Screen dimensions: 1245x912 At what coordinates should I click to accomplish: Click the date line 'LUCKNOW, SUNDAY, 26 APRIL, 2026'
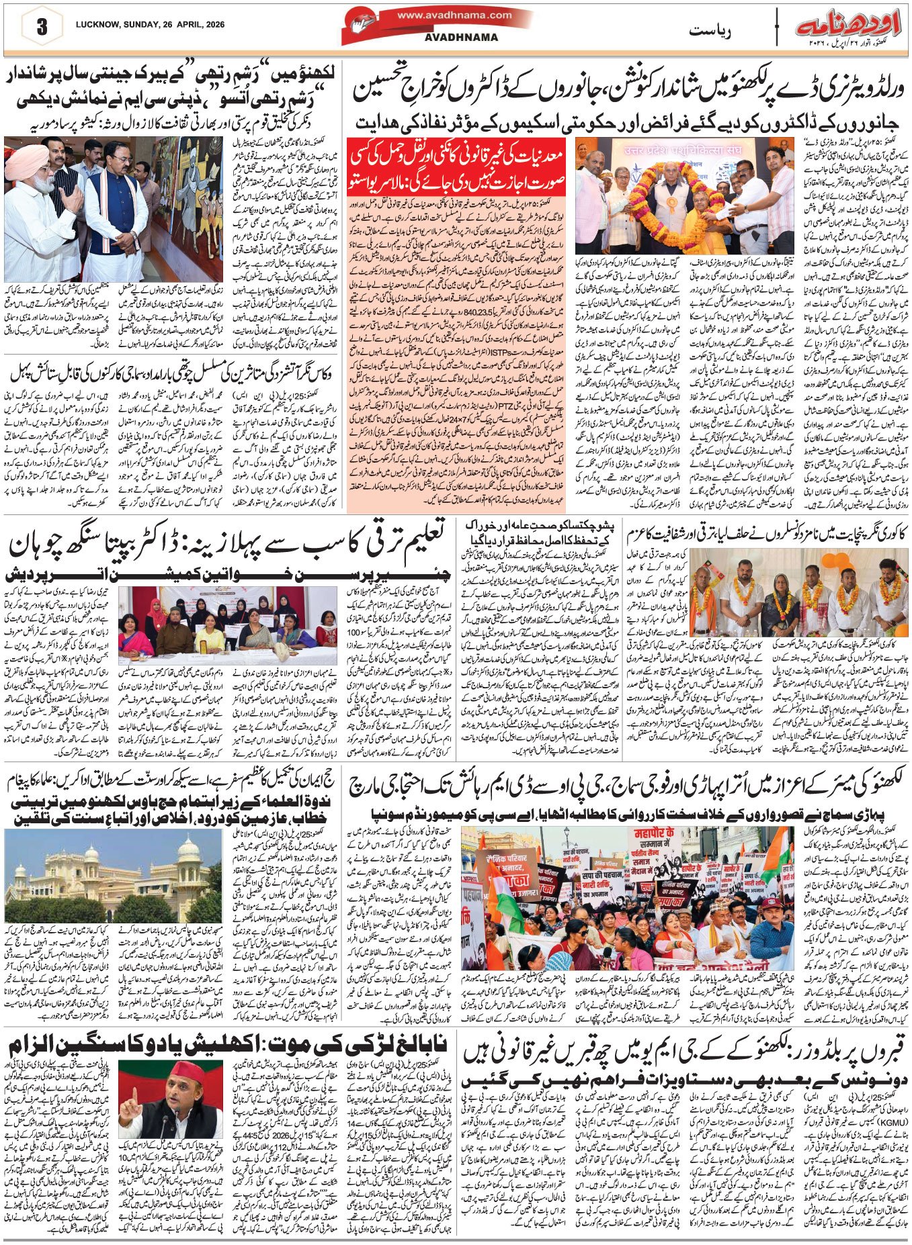click(x=145, y=25)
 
